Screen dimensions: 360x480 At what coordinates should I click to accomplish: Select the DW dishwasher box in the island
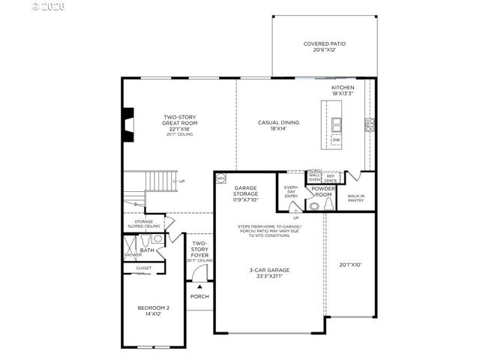336,139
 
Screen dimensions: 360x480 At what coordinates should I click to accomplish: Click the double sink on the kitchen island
337,122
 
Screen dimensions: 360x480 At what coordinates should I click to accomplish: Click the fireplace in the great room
128,124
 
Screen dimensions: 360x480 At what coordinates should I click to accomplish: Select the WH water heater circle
221,178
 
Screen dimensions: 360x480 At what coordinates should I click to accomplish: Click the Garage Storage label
246,193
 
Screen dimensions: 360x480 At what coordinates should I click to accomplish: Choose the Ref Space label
330,178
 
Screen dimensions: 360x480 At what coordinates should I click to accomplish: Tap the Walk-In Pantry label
356,197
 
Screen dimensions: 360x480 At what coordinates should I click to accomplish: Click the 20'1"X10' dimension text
350,264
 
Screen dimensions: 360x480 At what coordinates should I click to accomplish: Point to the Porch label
199,296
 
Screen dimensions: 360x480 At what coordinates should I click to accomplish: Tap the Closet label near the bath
143,268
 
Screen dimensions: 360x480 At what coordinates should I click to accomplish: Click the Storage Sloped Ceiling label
144,223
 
